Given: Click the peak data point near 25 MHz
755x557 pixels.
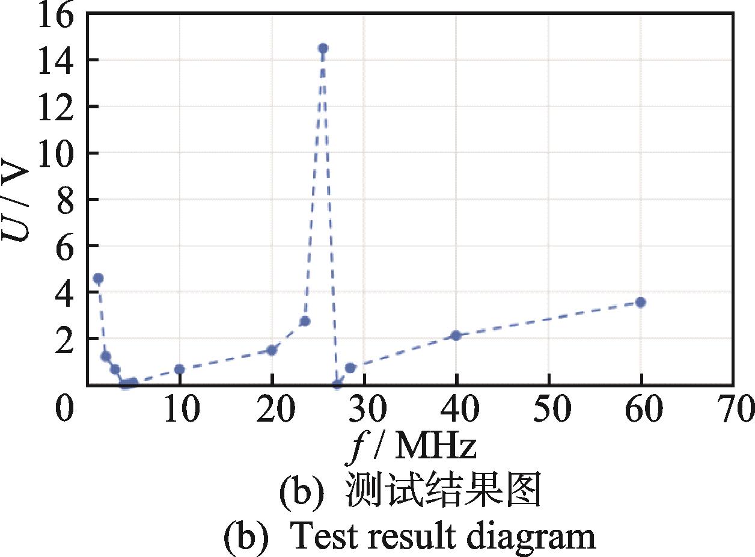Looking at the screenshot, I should coord(323,48).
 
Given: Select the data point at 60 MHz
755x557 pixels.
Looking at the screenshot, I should coord(641,302).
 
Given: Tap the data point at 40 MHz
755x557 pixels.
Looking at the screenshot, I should coord(456,335).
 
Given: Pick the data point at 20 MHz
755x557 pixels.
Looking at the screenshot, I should coord(272,350).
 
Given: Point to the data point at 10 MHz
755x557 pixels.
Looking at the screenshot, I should coord(179,369).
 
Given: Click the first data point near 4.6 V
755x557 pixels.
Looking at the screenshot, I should coord(99,278).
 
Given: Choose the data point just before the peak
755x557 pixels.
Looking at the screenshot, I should coord(305,321).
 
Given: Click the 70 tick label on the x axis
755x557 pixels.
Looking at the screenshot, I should coord(732,411).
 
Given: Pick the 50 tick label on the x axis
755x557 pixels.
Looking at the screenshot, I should coord(549,411).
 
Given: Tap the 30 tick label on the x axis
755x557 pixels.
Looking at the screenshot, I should coord(364,411).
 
